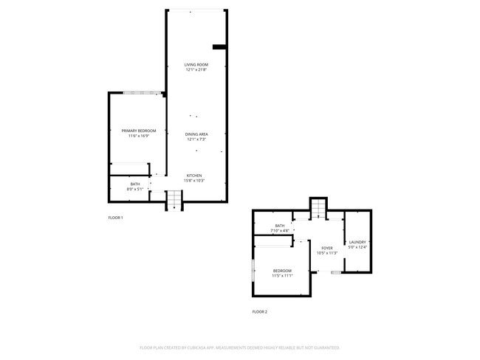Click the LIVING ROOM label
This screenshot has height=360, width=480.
(x=196, y=65)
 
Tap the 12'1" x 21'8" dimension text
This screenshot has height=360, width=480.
(x=196, y=70)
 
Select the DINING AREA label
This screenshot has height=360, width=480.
(x=196, y=134)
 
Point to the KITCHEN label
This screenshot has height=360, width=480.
(x=194, y=176)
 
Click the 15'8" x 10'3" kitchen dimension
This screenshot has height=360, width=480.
(x=194, y=181)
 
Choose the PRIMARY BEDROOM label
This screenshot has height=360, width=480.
(x=138, y=131)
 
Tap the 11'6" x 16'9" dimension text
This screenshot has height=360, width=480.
(x=138, y=136)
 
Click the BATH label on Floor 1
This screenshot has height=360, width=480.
(x=135, y=184)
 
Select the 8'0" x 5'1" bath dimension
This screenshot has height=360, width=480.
(x=135, y=189)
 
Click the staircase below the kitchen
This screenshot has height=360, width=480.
(x=174, y=199)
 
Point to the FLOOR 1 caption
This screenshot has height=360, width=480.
(x=115, y=218)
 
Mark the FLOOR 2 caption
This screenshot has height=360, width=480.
(x=259, y=312)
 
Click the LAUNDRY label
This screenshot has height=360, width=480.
(x=357, y=242)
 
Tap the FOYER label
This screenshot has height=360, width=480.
(x=326, y=248)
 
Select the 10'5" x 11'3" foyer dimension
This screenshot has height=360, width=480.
(x=326, y=253)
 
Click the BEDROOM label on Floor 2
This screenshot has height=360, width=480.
(x=282, y=271)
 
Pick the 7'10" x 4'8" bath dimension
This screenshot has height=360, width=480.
(x=280, y=231)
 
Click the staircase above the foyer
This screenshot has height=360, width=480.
(x=318, y=208)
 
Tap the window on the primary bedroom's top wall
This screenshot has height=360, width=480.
(x=142, y=92)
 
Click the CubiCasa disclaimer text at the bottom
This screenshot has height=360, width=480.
(x=240, y=347)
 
